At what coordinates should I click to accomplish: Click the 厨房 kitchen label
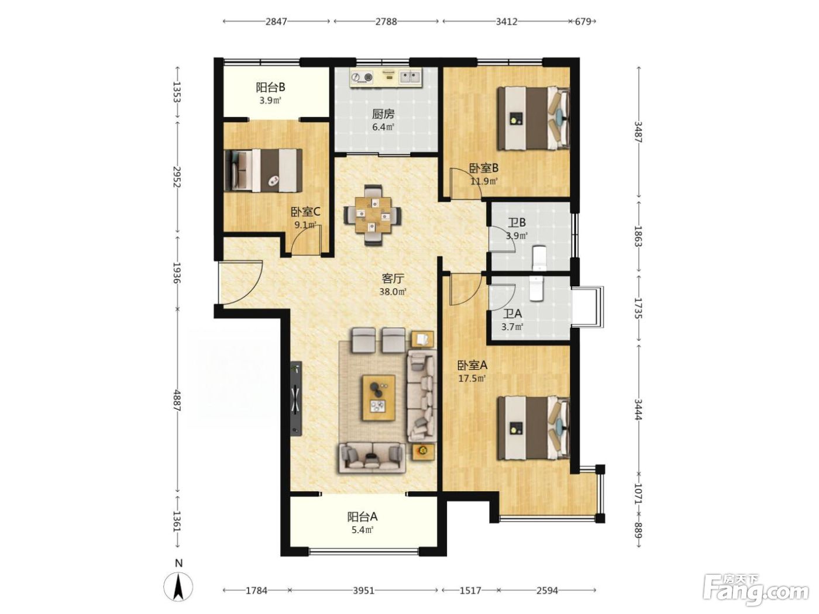click(x=383, y=113)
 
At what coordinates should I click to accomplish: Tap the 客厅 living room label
click(x=393, y=278)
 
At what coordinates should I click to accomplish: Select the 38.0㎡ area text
click(x=393, y=292)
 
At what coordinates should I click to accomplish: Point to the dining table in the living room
click(x=373, y=215)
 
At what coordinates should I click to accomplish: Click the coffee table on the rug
click(x=378, y=398)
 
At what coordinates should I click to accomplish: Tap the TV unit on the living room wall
click(x=296, y=398)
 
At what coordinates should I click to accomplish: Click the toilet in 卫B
click(x=539, y=257)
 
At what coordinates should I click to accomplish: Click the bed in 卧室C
click(x=263, y=170)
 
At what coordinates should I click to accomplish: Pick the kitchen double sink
click(x=410, y=77)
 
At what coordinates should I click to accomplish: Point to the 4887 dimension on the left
click(x=177, y=401)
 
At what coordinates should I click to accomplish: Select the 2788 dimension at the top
click(x=386, y=22)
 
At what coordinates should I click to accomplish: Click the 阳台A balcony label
click(x=362, y=517)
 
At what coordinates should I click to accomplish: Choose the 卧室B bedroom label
click(x=484, y=168)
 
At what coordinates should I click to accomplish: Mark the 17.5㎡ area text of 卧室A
click(x=472, y=379)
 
